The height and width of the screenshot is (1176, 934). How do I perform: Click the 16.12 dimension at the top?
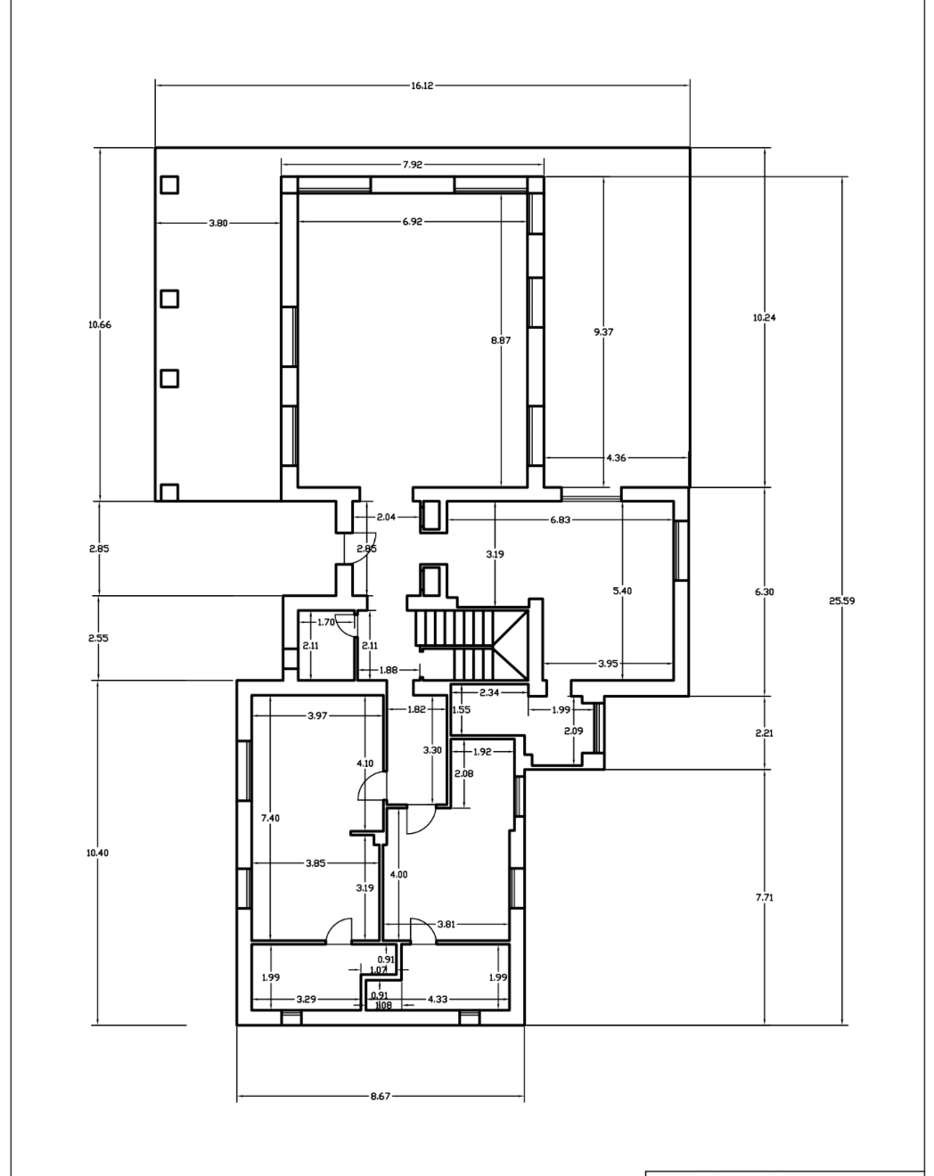(x=422, y=86)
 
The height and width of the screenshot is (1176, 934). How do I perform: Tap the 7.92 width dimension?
(x=412, y=165)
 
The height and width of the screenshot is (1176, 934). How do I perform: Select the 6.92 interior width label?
(x=412, y=222)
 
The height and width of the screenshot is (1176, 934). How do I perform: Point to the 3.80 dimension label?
(x=218, y=223)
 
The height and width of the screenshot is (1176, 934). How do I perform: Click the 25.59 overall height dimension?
(x=841, y=601)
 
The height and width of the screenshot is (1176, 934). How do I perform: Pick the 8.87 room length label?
(x=501, y=340)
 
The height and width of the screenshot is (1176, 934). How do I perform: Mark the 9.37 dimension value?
(x=603, y=331)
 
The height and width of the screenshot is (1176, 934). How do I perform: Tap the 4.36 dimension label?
(x=617, y=458)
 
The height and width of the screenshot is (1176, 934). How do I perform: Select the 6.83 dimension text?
(x=560, y=519)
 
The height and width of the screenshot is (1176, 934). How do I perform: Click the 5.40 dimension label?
(x=623, y=591)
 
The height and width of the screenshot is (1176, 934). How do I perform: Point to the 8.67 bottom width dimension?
(x=380, y=1096)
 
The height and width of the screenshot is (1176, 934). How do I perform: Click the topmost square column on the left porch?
(x=169, y=184)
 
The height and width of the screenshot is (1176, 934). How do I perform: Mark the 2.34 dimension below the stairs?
(x=489, y=693)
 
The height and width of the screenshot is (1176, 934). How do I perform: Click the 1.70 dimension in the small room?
(x=325, y=622)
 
